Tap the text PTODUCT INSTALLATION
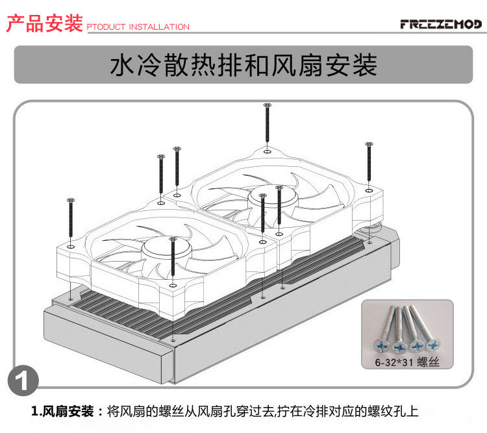[x=138, y=27]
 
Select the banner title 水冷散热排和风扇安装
[x=243, y=66]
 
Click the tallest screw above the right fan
[x=267, y=127]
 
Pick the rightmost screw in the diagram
[x=368, y=162]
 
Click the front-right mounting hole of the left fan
[x=262, y=241]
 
